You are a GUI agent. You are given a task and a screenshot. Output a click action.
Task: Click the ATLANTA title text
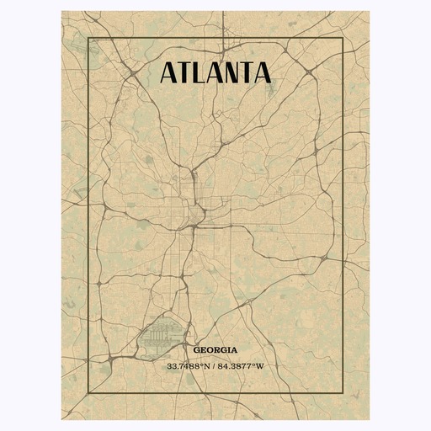[215, 72]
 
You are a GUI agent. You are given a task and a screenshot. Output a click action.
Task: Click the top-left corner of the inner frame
[88, 39]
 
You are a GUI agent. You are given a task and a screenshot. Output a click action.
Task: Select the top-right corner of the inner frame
[343, 39]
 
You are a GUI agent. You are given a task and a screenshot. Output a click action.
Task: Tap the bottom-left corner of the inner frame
[88, 393]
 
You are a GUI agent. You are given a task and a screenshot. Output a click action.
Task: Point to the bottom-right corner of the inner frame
[343, 393]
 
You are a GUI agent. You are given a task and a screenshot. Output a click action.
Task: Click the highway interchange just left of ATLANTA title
[133, 77]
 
